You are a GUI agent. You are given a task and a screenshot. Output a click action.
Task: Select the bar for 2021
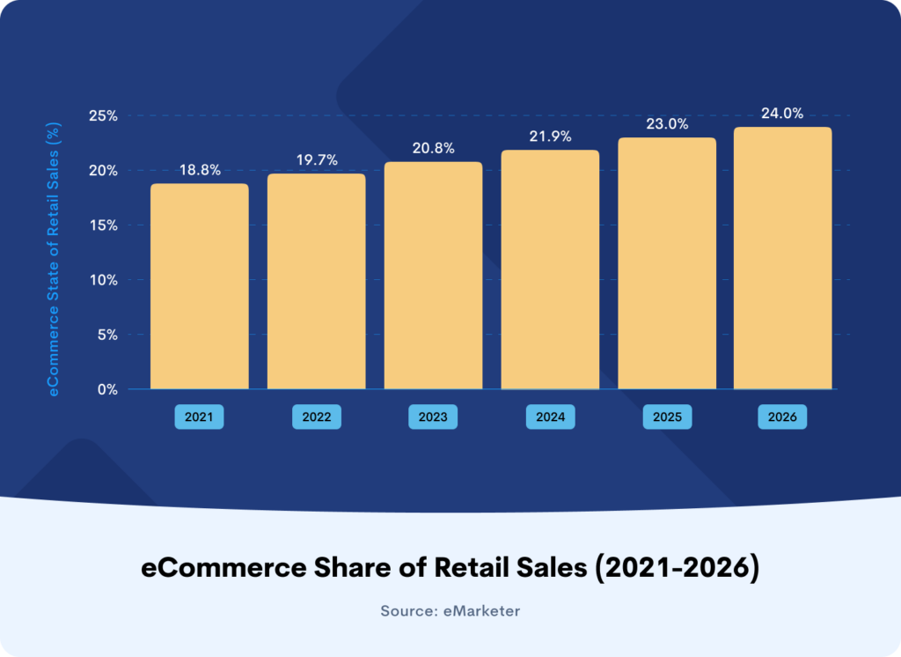pos(200,286)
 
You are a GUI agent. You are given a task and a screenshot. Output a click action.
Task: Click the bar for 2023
pos(433,276)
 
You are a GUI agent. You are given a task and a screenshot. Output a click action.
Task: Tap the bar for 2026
pos(782,258)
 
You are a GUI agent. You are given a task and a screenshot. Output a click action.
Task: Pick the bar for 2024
pos(550,269)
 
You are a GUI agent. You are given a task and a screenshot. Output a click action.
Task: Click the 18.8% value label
pos(200,170)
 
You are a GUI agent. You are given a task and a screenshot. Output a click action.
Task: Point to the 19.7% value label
pos(317,160)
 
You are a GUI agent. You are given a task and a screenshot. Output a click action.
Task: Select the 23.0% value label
pos(667,123)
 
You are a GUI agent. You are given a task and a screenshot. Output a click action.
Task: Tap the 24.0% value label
pos(782,114)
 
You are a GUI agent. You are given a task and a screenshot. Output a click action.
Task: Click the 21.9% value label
pos(550,137)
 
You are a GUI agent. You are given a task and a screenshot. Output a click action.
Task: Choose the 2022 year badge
pos(317,417)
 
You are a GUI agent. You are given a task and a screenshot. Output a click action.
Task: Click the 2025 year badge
pos(667,417)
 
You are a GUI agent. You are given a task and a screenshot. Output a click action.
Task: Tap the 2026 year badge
pos(782,417)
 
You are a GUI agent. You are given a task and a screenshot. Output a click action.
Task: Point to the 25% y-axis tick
pos(103,115)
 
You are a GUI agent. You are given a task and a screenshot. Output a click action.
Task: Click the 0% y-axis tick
pos(107,389)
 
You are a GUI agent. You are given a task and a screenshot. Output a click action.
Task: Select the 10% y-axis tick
pos(104,280)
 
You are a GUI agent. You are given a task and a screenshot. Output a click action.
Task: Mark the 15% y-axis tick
pos(104,225)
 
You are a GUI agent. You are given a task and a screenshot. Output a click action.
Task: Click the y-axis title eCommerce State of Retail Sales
pos(53,260)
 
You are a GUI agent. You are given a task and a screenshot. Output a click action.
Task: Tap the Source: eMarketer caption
pos(450,611)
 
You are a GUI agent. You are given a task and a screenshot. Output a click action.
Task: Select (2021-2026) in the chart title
pos(677,568)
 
